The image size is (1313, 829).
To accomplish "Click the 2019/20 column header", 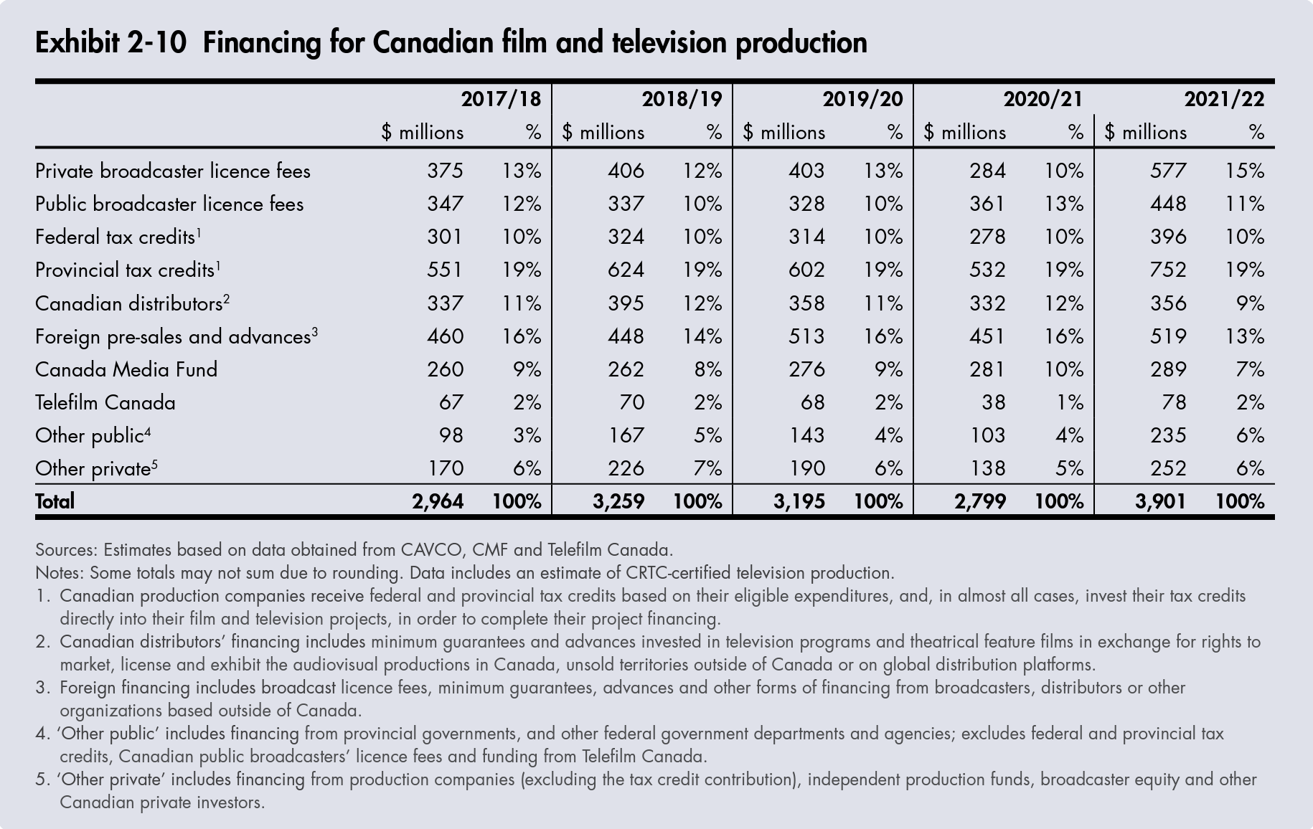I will click(862, 98).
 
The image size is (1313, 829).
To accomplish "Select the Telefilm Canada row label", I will click(105, 402).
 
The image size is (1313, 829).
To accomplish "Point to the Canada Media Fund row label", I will click(126, 369).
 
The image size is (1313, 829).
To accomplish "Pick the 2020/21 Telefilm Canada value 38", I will click(993, 402).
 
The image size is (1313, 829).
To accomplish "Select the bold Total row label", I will click(55, 501).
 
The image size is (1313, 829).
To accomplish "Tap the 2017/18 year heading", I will click(501, 98).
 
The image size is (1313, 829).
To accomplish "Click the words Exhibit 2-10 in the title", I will click(110, 43).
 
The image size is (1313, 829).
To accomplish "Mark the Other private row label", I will click(93, 469).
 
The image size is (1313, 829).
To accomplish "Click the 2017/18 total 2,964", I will click(437, 501).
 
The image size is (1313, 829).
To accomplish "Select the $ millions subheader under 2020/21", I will click(964, 133).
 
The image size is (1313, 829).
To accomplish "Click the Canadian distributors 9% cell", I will click(1250, 303).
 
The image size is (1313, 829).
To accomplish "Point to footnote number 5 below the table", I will click(42, 780).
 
